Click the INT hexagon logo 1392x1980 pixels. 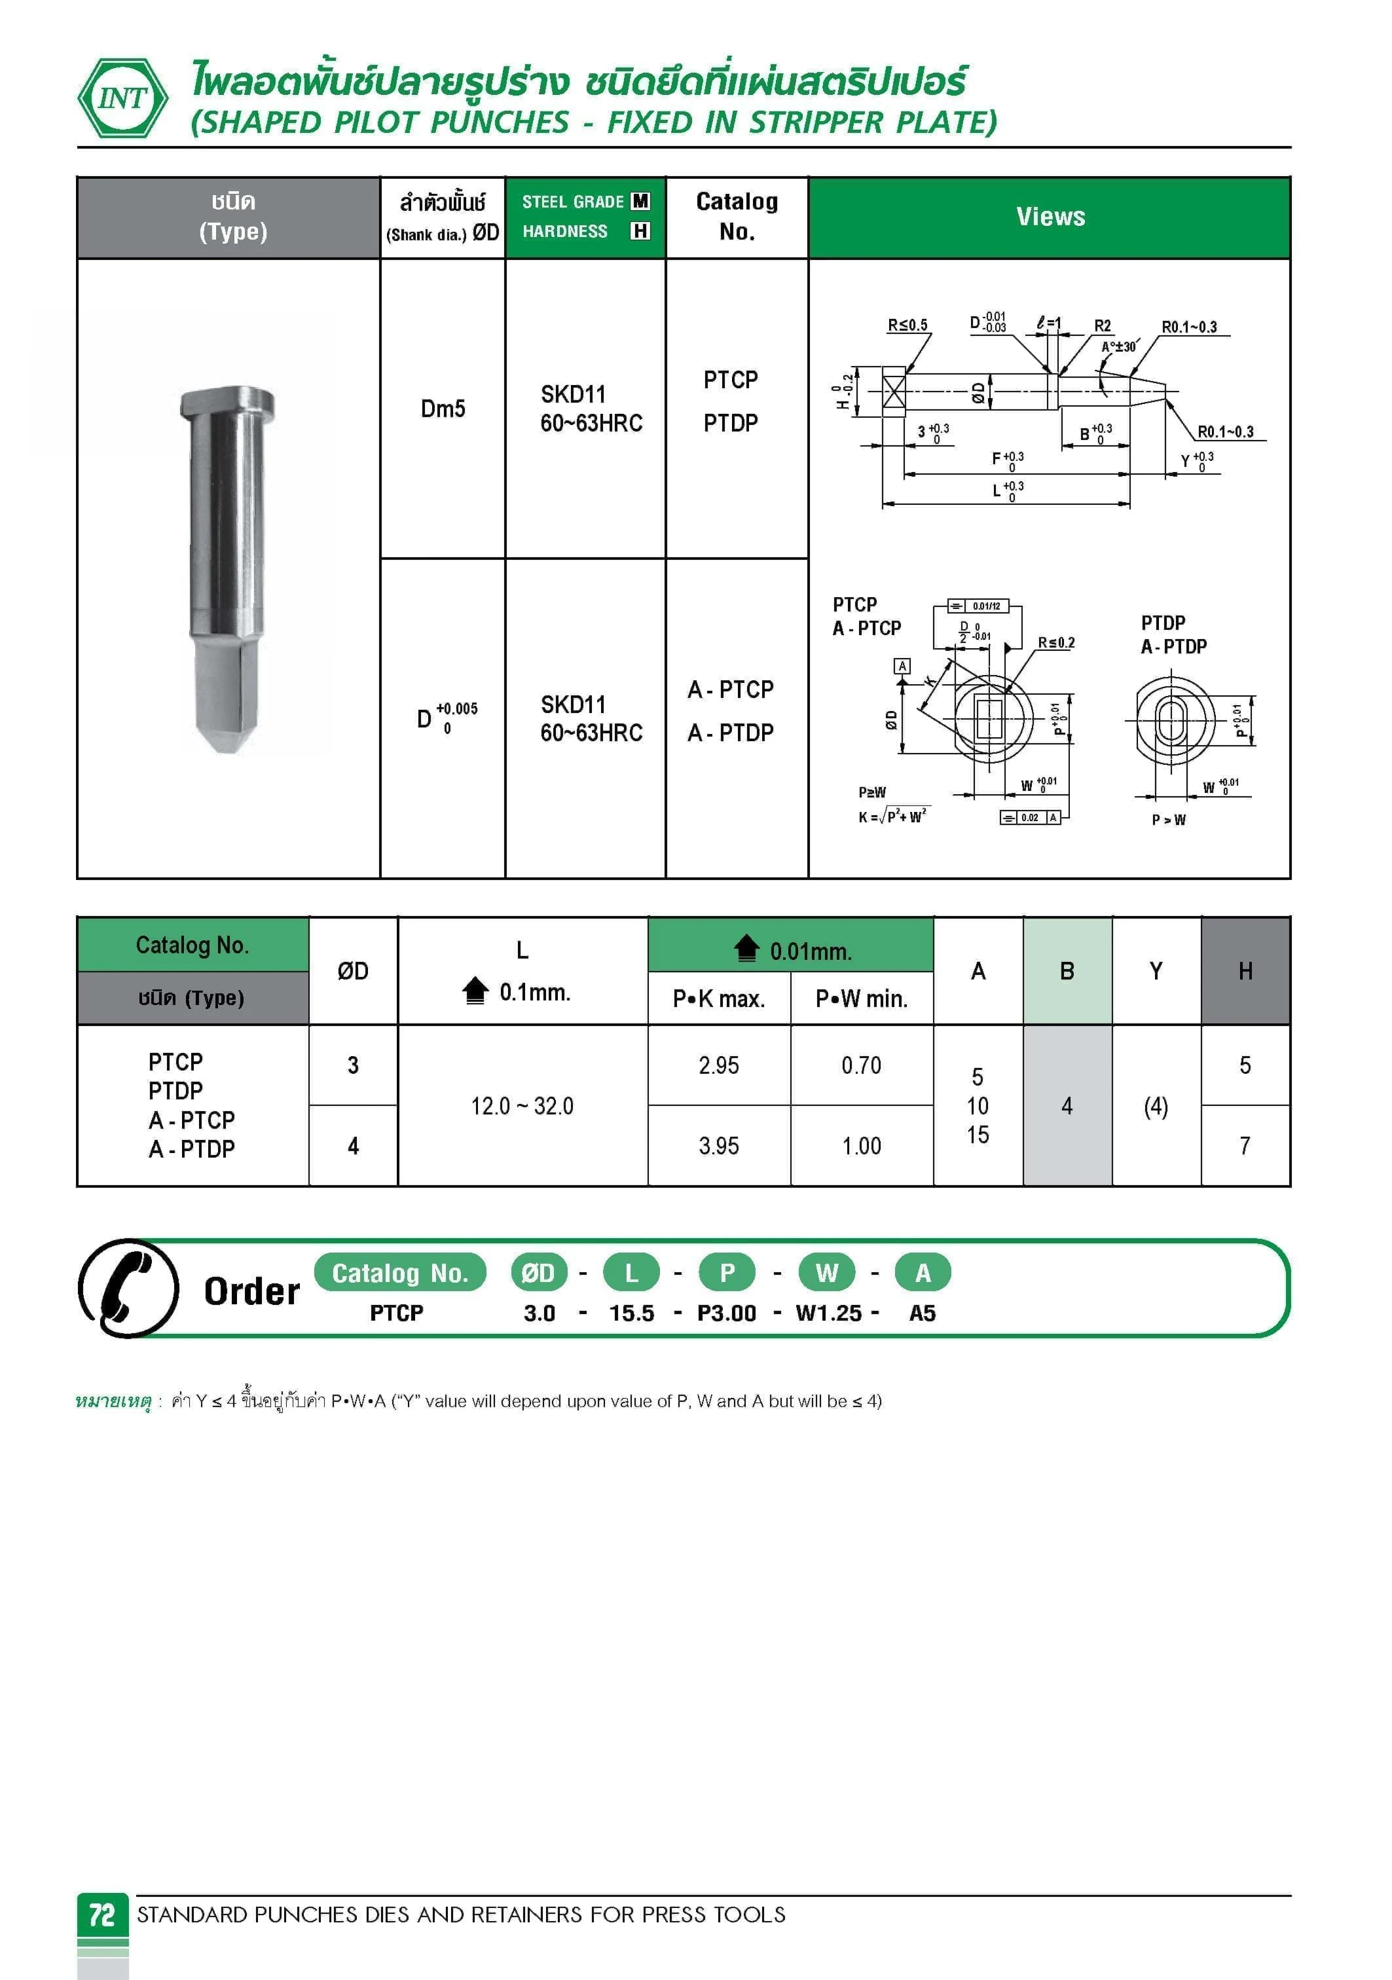click(122, 98)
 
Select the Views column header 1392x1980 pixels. click(1050, 217)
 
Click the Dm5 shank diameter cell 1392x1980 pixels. click(443, 408)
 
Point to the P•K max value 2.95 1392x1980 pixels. click(718, 1065)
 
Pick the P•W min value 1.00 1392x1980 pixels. click(861, 1145)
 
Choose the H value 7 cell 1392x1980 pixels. click(1245, 1145)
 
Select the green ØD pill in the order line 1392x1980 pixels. click(538, 1272)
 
